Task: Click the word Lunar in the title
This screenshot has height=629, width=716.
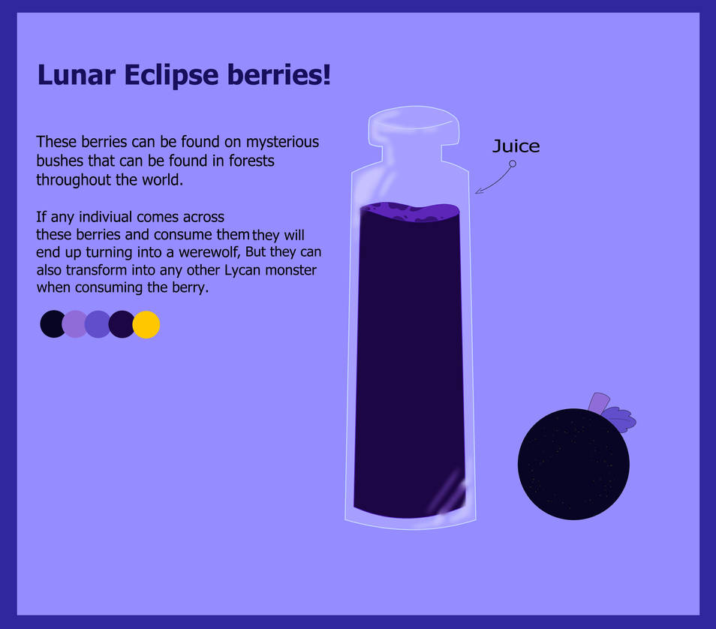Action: (76, 74)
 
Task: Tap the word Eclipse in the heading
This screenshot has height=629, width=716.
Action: (171, 75)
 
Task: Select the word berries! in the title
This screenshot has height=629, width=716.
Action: (279, 74)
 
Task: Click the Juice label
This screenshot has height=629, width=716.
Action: (516, 146)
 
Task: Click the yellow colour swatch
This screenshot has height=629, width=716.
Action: (146, 325)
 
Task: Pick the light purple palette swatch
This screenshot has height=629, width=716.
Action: (74, 324)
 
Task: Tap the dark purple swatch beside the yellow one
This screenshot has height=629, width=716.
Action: (122, 324)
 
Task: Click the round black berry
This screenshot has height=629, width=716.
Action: (573, 464)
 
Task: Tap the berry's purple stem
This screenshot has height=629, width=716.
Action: (599, 403)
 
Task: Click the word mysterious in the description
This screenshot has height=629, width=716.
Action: (283, 143)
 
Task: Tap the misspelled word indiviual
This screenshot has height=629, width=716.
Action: (106, 216)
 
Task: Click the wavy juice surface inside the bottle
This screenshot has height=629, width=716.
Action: (410, 212)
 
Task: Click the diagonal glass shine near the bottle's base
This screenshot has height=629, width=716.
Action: (446, 493)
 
